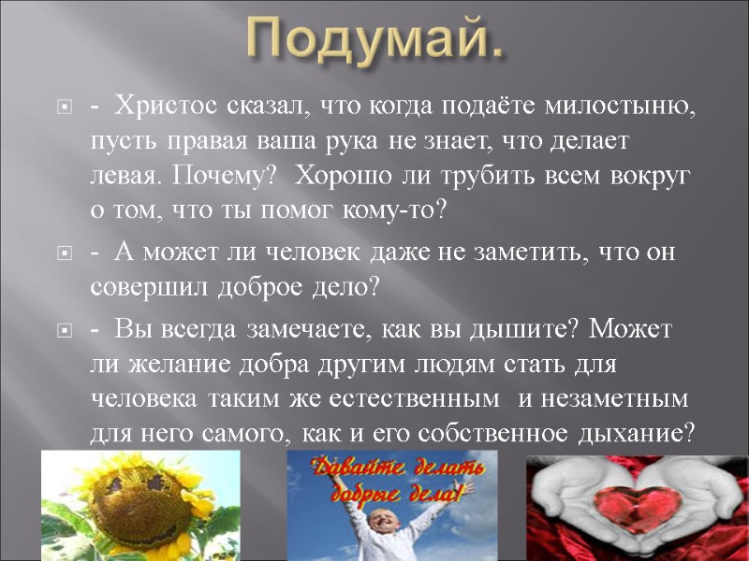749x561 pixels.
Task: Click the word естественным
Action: point(419,398)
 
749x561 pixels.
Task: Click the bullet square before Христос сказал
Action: point(65,109)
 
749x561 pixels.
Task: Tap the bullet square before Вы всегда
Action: point(65,330)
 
